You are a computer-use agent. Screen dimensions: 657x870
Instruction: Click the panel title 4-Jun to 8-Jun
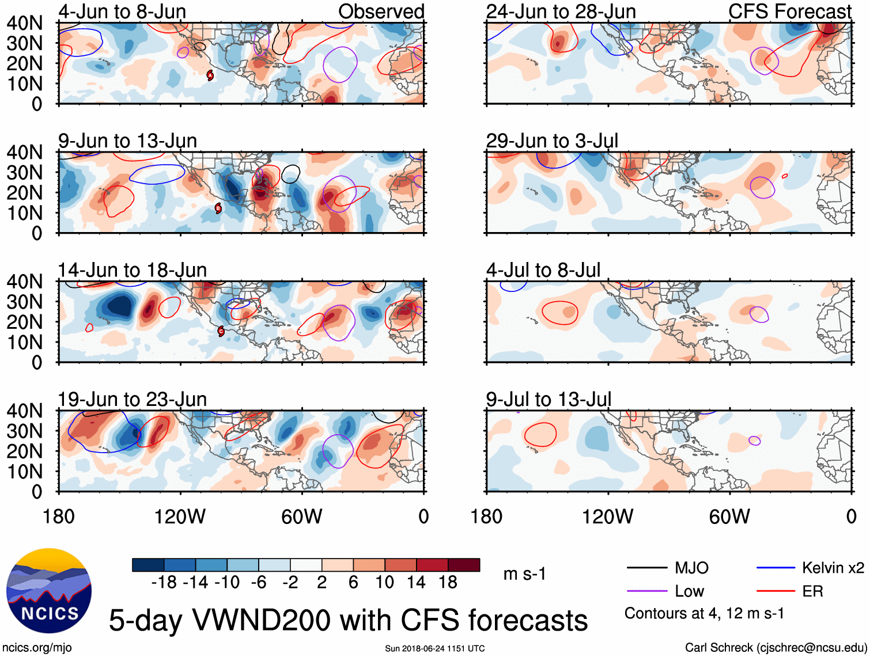122,12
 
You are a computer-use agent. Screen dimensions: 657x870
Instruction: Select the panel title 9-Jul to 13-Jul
549,399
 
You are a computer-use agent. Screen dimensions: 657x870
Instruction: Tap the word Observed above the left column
381,12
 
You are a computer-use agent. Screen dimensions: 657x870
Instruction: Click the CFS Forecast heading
790,12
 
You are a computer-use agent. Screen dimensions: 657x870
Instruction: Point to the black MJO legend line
647,568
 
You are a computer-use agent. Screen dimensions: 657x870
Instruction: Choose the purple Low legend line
647,591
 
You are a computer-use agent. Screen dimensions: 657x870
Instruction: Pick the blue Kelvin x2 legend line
776,568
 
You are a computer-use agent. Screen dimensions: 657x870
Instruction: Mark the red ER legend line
776,591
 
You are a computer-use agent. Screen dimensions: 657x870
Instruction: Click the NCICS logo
49,590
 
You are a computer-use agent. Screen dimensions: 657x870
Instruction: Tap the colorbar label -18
164,583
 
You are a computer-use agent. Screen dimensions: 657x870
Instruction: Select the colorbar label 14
416,583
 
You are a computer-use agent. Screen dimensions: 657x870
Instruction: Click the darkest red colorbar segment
464,565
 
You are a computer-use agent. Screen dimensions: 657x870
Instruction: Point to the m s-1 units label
524,574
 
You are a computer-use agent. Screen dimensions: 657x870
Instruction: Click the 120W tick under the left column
180,517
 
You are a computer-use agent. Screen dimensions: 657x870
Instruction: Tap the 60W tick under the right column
729,517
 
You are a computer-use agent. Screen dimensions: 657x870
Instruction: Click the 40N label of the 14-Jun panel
24,282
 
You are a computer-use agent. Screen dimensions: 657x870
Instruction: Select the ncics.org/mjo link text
37,647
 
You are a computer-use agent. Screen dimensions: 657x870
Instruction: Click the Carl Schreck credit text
776,647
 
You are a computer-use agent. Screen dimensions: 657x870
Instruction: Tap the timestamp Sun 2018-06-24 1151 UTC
435,648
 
